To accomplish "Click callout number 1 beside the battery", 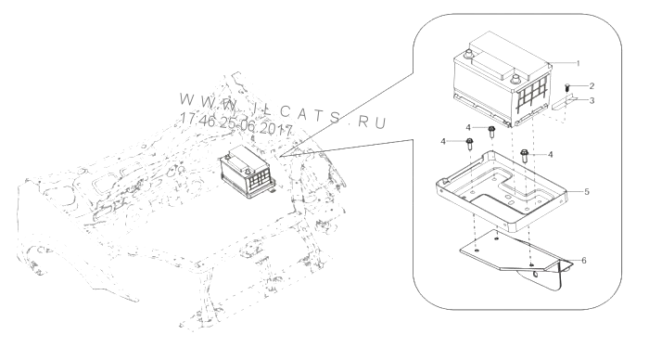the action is click(x=579, y=63).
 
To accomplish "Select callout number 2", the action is click(x=592, y=86).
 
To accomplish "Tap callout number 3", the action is click(x=592, y=100).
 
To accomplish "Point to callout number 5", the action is click(x=587, y=192).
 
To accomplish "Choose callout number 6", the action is click(x=584, y=261).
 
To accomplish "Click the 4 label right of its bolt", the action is click(x=550, y=155).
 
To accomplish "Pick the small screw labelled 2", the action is click(x=567, y=88).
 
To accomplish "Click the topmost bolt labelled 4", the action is click(x=491, y=132).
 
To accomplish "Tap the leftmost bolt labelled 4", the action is click(x=470, y=145).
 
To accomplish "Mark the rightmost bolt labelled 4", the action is click(x=525, y=156).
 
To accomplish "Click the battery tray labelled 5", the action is click(x=502, y=190).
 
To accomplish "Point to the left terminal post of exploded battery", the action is click(x=469, y=54).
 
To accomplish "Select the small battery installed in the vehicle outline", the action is click(x=248, y=172).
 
